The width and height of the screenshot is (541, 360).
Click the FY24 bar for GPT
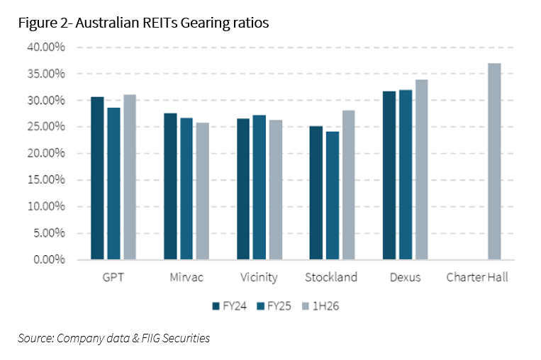(97, 178)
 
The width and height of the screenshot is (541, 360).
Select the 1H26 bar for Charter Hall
(494, 162)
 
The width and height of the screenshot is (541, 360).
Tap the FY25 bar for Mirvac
(186, 189)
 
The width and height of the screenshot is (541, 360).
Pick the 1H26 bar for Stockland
(348, 185)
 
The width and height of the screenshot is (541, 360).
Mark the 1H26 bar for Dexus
(421, 169)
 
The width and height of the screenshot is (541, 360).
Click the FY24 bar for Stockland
(316, 193)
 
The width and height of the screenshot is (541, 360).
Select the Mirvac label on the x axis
(186, 277)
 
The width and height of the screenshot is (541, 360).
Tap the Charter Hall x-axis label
(477, 277)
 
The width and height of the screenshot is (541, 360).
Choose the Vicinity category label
(259, 277)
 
